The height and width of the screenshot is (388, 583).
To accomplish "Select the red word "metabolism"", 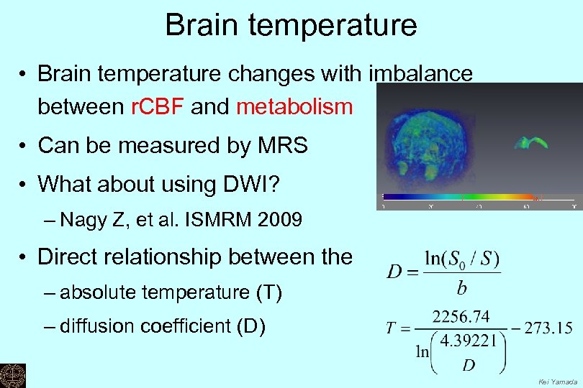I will pyautogui.click(x=294, y=108).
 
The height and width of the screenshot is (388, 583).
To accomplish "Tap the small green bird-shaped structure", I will pyautogui.click(x=530, y=142).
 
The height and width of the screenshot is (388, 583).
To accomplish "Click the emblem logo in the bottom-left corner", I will pyautogui.click(x=12, y=374).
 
